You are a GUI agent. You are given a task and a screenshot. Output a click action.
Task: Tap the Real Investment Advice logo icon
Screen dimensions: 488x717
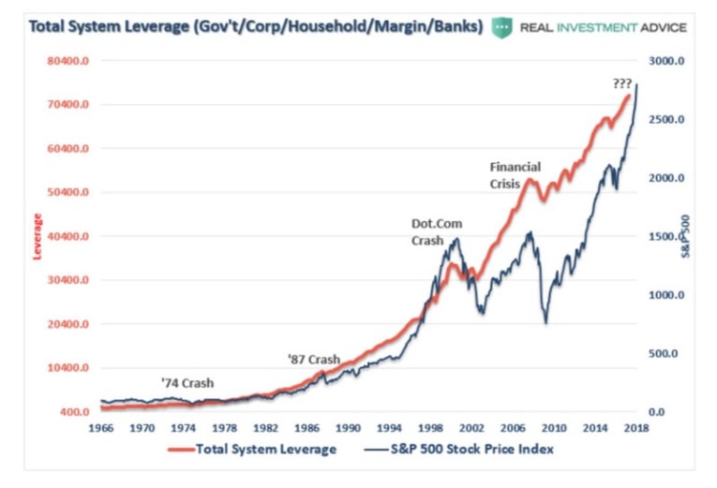503,26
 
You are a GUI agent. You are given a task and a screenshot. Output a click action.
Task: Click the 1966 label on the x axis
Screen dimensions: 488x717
99,427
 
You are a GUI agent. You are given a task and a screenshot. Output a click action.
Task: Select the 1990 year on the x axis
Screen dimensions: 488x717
348,427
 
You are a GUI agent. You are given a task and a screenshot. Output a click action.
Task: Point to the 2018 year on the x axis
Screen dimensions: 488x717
637,427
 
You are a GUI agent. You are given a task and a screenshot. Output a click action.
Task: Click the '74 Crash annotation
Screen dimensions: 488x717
187,383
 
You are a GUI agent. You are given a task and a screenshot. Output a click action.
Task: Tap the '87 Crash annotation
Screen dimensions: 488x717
313,360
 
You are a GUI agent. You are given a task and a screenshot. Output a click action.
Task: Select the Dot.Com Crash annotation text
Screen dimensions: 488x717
437,231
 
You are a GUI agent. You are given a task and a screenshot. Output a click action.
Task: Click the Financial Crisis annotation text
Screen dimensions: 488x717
515,175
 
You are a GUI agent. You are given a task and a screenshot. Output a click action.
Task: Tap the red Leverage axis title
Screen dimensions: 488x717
37,236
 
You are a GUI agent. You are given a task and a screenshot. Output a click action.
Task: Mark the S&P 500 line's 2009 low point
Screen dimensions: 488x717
545,323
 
